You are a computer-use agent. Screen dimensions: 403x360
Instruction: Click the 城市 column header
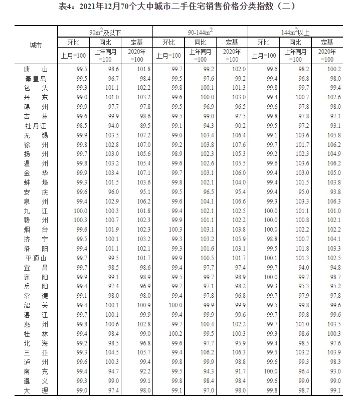click(35, 46)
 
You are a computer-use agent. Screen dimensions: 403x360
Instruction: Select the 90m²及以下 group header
click(105, 33)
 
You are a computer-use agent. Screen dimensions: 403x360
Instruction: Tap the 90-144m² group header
click(200, 33)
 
